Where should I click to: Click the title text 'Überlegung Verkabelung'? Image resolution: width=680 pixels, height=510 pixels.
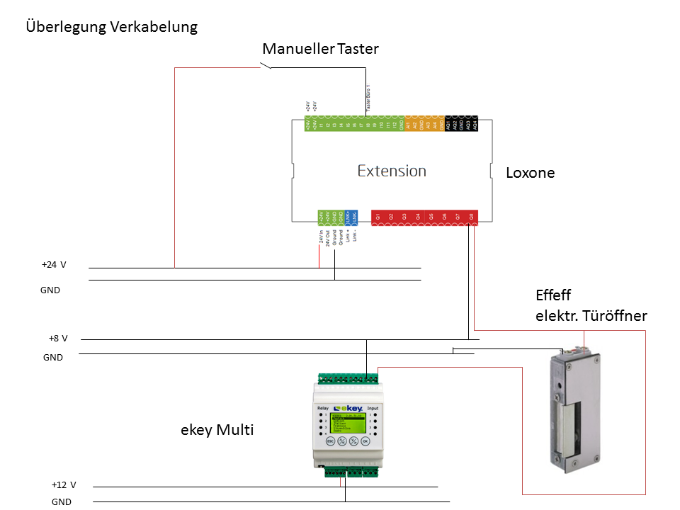click(x=111, y=28)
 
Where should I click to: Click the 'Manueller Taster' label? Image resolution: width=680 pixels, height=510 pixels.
click(x=320, y=49)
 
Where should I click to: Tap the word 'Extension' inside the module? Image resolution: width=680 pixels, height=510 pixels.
click(x=392, y=171)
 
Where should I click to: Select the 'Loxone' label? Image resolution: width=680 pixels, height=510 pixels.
click(x=531, y=173)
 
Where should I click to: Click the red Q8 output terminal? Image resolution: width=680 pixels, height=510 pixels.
click(x=472, y=216)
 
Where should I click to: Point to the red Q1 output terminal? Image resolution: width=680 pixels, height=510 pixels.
click(x=378, y=216)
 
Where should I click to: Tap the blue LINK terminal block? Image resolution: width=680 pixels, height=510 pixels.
click(x=351, y=216)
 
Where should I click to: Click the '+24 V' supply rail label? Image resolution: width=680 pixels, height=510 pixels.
click(x=54, y=265)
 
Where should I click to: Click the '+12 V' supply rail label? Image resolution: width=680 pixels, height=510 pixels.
click(x=63, y=485)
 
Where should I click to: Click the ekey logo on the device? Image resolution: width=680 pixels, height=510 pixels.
click(x=348, y=409)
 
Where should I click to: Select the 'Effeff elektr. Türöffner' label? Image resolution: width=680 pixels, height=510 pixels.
click(x=591, y=306)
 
